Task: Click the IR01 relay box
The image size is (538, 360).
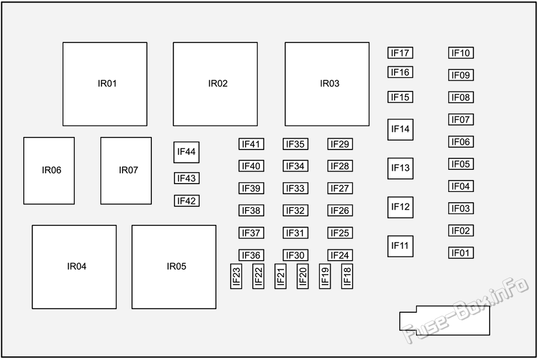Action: click(105, 84)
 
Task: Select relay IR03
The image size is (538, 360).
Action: click(327, 84)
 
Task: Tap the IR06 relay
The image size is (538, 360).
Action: click(49, 170)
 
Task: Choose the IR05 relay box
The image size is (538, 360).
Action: click(174, 267)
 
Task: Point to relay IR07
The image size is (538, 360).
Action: click(126, 170)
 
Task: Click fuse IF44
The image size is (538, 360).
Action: click(187, 152)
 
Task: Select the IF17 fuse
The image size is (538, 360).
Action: click(400, 53)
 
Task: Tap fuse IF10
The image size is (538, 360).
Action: click(461, 53)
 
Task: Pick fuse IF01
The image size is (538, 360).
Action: click(461, 253)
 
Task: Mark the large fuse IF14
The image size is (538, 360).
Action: click(401, 129)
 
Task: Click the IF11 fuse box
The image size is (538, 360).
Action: click(401, 246)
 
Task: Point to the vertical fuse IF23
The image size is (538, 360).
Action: click(236, 276)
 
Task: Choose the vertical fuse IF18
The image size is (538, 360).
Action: click(347, 276)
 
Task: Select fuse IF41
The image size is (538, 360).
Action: click(251, 144)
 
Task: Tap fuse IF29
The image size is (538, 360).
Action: click(340, 144)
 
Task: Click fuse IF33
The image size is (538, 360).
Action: click(295, 188)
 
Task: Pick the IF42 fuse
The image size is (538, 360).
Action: click(187, 201)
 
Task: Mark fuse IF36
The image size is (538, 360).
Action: click(251, 255)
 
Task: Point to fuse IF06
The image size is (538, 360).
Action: click(461, 142)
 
